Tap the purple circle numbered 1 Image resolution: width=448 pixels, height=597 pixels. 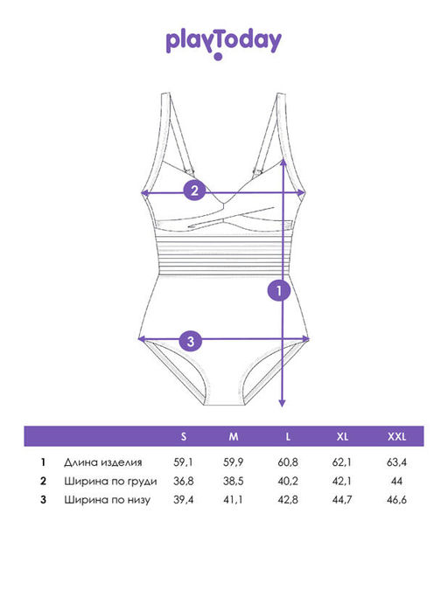click(x=279, y=290)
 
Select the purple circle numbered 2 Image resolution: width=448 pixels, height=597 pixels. click(x=194, y=190)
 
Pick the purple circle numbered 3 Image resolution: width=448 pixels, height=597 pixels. click(x=191, y=341)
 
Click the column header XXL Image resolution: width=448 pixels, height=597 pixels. click(x=397, y=436)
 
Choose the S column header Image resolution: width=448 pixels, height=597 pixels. click(x=184, y=436)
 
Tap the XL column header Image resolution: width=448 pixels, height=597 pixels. click(x=342, y=436)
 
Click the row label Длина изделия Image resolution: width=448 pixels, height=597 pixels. click(x=103, y=462)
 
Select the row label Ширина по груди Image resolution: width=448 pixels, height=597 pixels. click(x=110, y=482)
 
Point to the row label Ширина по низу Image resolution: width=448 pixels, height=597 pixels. click(x=107, y=500)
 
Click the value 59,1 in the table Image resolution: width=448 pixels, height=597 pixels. click(x=184, y=462)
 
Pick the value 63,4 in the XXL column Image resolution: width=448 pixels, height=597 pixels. click(x=396, y=462)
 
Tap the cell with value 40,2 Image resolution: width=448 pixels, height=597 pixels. click(x=288, y=481)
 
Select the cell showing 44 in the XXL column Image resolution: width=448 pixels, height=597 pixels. click(x=396, y=481)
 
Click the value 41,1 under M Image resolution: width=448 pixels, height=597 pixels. click(x=233, y=499)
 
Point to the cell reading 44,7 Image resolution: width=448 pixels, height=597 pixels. click(x=342, y=499)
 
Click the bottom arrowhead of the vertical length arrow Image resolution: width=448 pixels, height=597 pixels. click(x=282, y=403)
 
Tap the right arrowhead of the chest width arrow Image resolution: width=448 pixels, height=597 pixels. click(x=301, y=193)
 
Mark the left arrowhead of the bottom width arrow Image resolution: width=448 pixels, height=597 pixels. click(x=142, y=339)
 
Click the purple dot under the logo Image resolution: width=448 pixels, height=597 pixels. click(x=218, y=57)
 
